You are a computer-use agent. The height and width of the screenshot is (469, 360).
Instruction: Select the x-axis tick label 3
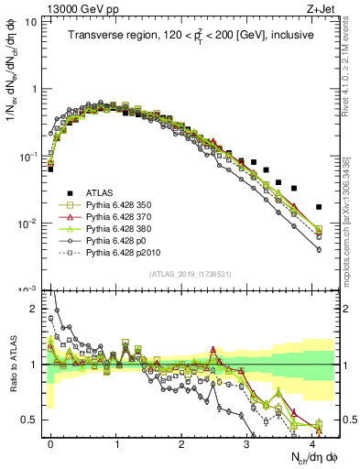click(x=246, y=442)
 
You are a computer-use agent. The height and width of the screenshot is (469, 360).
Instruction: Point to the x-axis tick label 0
click(x=51, y=442)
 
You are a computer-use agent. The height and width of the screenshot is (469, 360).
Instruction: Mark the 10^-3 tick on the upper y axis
click(x=29, y=290)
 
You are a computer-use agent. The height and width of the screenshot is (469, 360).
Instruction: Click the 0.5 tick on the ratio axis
click(x=31, y=420)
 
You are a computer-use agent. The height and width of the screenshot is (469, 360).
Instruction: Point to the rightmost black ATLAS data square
click(x=319, y=207)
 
